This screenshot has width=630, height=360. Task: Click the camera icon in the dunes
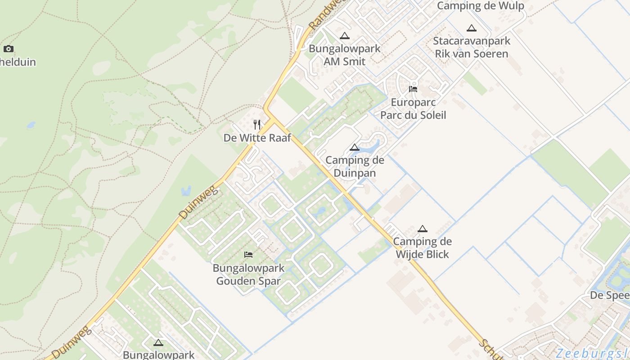(x=8, y=49)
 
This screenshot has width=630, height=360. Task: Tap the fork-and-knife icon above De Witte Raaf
(x=257, y=125)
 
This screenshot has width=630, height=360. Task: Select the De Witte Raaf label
(x=257, y=138)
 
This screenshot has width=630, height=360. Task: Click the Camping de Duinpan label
(x=355, y=166)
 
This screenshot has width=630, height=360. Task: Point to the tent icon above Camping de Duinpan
(x=355, y=147)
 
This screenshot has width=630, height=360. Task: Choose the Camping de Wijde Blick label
(x=422, y=248)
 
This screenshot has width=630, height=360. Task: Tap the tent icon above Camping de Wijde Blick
(x=422, y=229)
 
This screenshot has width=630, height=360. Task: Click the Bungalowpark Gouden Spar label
(x=248, y=274)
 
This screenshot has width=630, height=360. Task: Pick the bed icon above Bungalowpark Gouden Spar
(x=248, y=255)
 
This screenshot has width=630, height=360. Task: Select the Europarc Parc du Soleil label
(x=413, y=108)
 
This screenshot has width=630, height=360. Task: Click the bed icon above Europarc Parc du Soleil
(x=413, y=89)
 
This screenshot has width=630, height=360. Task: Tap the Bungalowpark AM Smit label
(x=345, y=55)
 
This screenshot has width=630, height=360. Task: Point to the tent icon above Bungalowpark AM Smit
(x=345, y=36)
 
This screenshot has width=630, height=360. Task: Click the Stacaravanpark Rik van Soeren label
(x=472, y=47)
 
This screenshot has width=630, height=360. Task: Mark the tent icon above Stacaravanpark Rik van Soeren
(x=472, y=28)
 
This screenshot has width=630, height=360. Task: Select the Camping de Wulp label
(x=481, y=6)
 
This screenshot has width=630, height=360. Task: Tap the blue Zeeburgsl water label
(x=592, y=353)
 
